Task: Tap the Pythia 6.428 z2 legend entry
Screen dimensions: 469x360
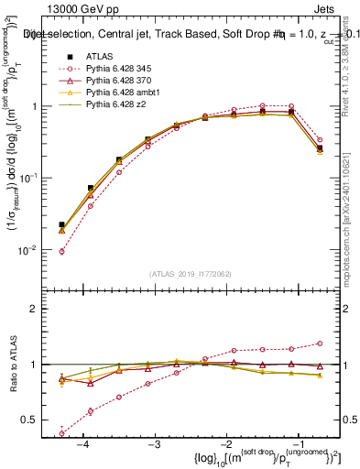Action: coord(114,118)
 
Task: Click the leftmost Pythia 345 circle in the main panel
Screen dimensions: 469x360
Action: coord(61,251)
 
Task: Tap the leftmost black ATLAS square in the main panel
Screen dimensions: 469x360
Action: coord(61,224)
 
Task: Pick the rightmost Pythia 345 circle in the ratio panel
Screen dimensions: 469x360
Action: coord(320,344)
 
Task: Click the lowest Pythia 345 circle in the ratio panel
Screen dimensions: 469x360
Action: coord(61,433)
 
